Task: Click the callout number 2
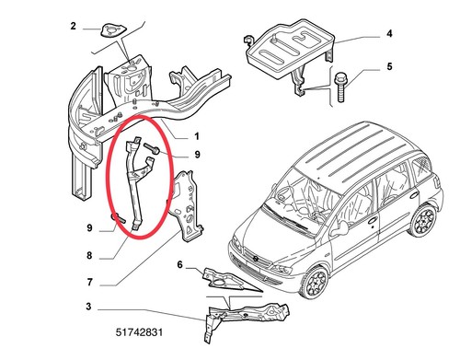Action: point(73,26)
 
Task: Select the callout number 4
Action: point(389,33)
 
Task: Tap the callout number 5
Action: point(389,66)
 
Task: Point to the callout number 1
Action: point(197,136)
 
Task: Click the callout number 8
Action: point(89,255)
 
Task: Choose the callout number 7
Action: point(89,282)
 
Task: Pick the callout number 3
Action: point(88,307)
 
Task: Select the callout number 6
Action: point(179,264)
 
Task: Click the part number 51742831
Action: point(139,332)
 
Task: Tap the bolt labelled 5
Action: point(340,87)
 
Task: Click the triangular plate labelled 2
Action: point(112,29)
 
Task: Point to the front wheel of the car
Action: point(314,282)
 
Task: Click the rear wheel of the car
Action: point(425,220)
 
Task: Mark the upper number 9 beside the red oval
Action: point(197,155)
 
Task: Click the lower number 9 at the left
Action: point(89,228)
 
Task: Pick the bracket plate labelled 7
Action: point(186,205)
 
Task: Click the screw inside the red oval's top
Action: point(152,149)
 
